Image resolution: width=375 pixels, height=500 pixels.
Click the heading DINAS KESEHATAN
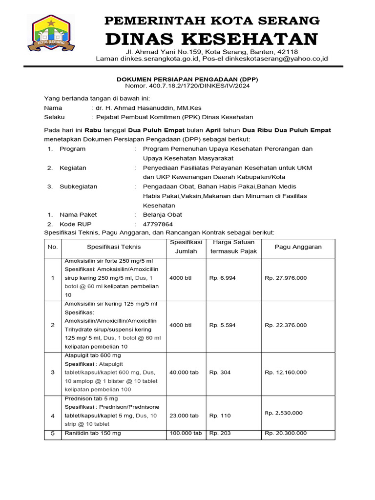click(212, 39)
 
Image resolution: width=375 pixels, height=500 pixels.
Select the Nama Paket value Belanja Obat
click(162, 214)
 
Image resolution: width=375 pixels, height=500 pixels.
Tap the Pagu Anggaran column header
click(298, 247)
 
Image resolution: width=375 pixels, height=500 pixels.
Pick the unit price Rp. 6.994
click(222, 278)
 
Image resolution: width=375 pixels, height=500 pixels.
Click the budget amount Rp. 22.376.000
click(286, 325)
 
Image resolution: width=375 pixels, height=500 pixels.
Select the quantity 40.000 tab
click(184, 373)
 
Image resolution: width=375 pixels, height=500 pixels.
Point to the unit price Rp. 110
click(220, 416)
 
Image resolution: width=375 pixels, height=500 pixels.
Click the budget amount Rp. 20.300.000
click(286, 433)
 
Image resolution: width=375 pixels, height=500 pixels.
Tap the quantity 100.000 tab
click(186, 433)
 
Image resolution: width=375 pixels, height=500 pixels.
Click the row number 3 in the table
click(53, 373)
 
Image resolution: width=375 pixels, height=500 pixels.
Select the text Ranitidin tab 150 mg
click(93, 433)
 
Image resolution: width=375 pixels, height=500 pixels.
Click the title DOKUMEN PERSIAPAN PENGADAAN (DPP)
click(187, 78)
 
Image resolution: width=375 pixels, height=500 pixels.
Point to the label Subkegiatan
click(78, 187)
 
